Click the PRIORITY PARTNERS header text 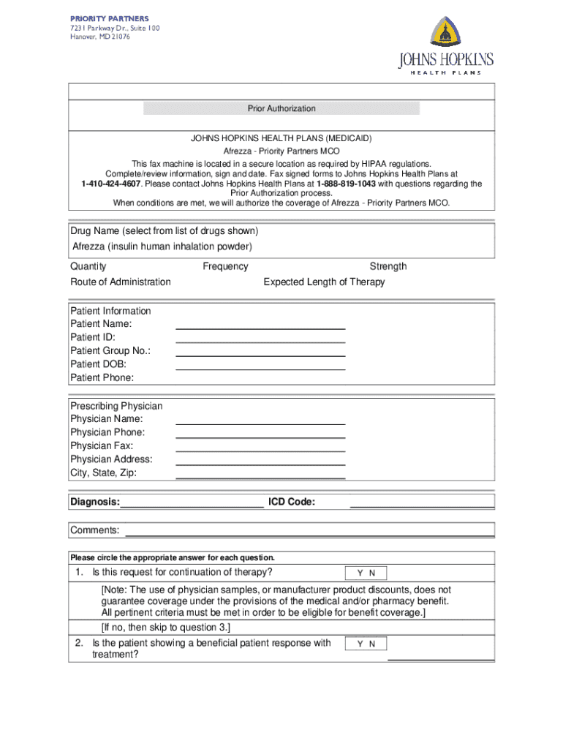point(109,18)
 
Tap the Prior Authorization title point(281,109)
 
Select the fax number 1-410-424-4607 point(112,184)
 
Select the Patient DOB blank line point(260,367)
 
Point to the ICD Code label point(292,502)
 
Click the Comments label point(94,530)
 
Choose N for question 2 point(372,644)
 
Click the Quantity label point(88,266)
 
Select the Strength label point(388,266)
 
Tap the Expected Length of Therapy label point(324,282)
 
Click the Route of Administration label point(121,282)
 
